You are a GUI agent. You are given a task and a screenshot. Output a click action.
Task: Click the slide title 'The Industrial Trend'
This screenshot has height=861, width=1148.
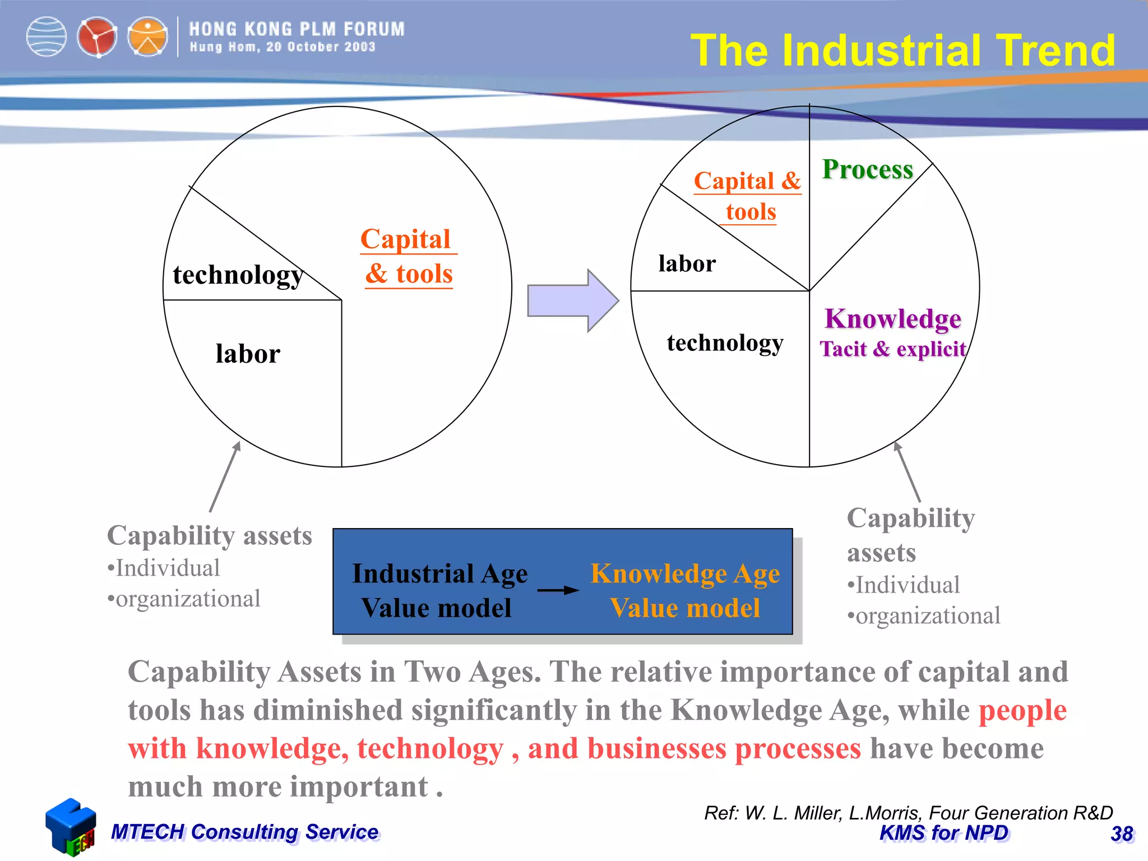pyautogui.click(x=902, y=50)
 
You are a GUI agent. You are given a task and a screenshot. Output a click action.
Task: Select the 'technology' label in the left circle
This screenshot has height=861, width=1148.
pyautogui.click(x=238, y=275)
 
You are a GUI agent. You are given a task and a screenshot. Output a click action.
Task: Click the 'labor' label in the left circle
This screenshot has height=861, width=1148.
pyautogui.click(x=248, y=354)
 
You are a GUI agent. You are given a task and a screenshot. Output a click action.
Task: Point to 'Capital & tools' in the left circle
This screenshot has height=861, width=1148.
pyautogui.click(x=408, y=257)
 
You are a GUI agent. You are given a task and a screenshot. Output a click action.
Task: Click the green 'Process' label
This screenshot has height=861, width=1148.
pyautogui.click(x=867, y=169)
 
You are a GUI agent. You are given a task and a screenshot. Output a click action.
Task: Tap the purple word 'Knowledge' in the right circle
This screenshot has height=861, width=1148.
pyautogui.click(x=893, y=318)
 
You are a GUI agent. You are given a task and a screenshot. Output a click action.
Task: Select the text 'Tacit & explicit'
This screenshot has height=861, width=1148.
pyautogui.click(x=893, y=349)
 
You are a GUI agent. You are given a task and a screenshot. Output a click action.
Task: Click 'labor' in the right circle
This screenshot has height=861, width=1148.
pyautogui.click(x=687, y=263)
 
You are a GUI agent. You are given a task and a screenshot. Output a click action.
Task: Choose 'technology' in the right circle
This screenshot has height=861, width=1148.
pyautogui.click(x=725, y=342)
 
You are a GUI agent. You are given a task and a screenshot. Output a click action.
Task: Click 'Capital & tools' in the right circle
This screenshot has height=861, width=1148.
pyautogui.click(x=748, y=196)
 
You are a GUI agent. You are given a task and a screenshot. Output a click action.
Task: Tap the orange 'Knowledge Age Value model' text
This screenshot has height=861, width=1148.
pyautogui.click(x=685, y=590)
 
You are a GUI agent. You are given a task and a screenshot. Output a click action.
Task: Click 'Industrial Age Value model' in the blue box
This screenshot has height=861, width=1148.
pyautogui.click(x=439, y=590)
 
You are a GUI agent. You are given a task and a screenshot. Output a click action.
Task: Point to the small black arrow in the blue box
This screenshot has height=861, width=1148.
pyautogui.click(x=558, y=590)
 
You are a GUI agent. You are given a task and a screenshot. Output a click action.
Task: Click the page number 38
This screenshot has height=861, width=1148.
pyautogui.click(x=1122, y=834)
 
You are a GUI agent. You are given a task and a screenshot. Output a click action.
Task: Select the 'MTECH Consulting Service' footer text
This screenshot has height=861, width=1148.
pyautogui.click(x=244, y=832)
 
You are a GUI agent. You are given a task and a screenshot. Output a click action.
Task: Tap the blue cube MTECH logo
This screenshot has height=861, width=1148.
pyautogui.click(x=71, y=826)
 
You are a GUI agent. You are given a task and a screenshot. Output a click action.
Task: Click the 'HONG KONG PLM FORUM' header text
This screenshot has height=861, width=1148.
pyautogui.click(x=297, y=29)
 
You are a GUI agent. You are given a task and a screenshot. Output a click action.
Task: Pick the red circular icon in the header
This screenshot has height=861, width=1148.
pyautogui.click(x=97, y=38)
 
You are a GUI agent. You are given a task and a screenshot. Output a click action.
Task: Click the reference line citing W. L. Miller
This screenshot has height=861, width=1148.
pyautogui.click(x=908, y=813)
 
